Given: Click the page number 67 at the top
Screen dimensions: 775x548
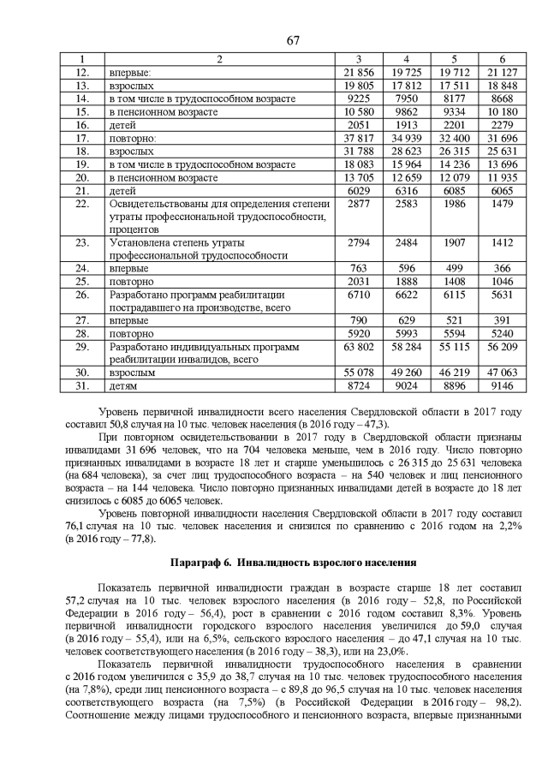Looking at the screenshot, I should coord(273,39).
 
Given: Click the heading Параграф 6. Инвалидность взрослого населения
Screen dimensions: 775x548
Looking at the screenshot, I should coord(273,563).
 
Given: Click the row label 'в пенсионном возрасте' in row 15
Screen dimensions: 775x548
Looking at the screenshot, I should coord(163,112).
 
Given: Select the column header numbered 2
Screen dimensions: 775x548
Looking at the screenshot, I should coord(218,59).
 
